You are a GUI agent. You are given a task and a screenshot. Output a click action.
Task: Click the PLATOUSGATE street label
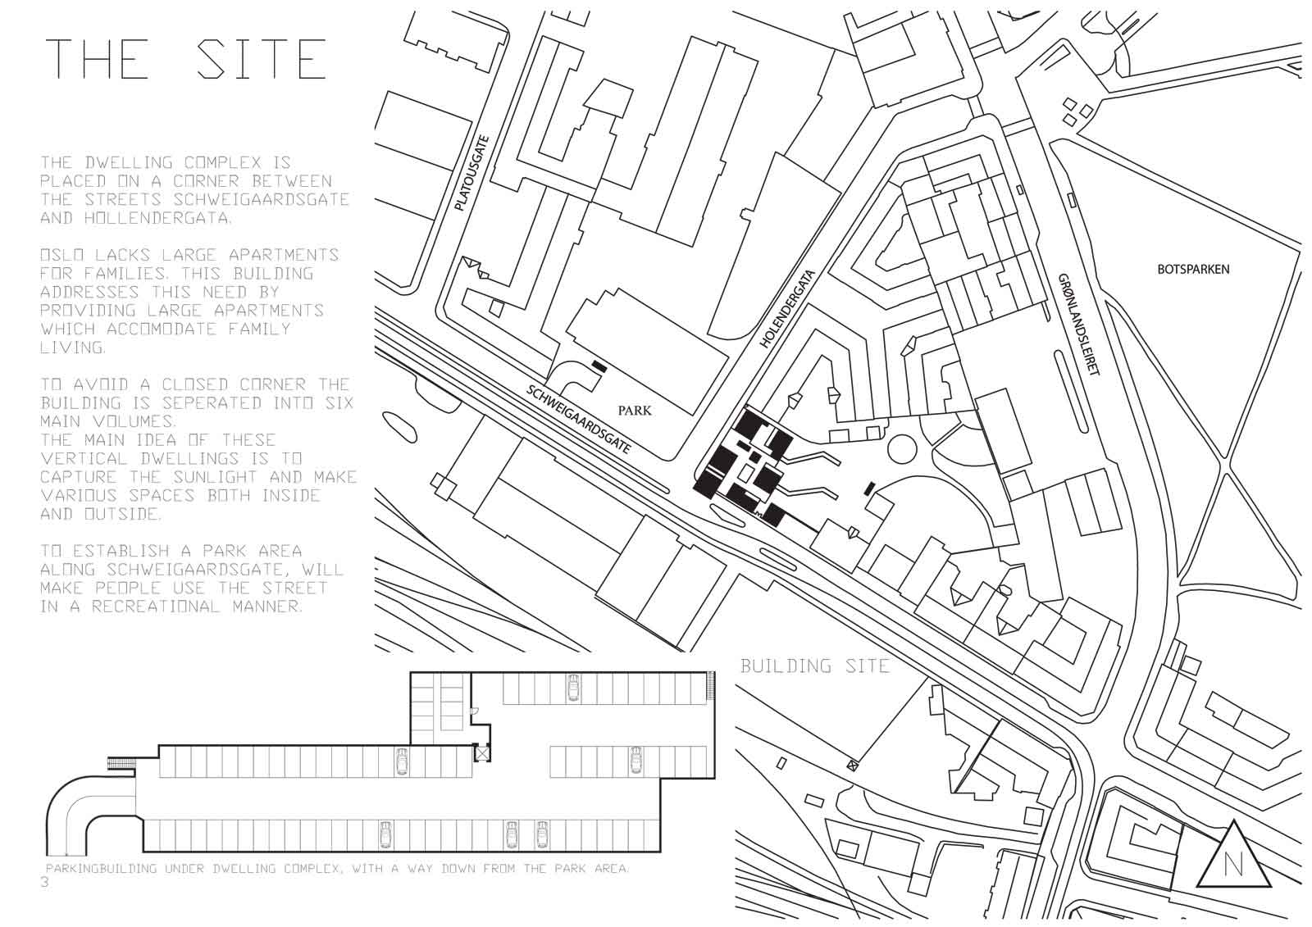(472, 173)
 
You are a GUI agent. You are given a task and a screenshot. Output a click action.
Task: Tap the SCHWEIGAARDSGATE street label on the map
(579, 419)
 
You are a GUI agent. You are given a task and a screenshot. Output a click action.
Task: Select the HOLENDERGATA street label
(787, 309)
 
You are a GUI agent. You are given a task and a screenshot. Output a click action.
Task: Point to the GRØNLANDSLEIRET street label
(1079, 324)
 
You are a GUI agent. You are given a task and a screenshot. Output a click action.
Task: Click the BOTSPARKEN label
(1193, 270)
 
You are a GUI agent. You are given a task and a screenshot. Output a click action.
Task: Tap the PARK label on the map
(635, 410)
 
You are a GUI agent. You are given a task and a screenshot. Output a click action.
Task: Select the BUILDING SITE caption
(815, 666)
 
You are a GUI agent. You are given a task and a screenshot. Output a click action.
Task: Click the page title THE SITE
(185, 58)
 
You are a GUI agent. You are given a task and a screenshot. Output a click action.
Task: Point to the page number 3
(45, 882)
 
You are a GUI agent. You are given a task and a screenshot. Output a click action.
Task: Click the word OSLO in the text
(62, 255)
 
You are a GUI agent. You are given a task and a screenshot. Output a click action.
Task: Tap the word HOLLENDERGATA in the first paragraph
(157, 218)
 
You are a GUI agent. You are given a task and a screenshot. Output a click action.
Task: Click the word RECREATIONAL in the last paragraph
(155, 606)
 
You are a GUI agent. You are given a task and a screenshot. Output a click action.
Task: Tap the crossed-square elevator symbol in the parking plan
(481, 753)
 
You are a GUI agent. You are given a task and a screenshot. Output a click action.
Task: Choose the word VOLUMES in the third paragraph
(134, 421)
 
